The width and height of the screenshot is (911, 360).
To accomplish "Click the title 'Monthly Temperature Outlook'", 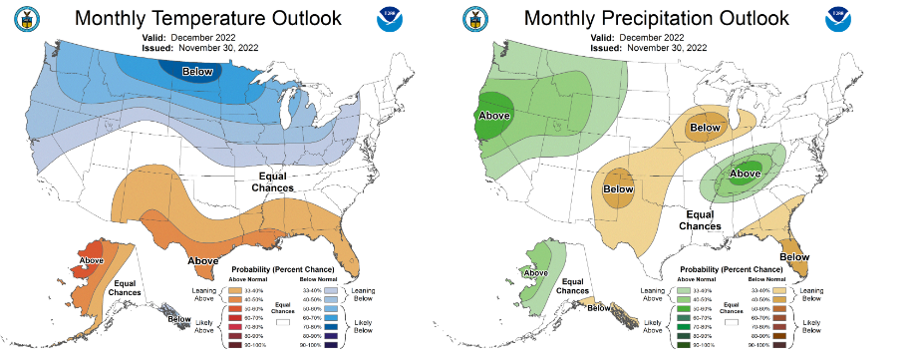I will pyautogui.click(x=207, y=18).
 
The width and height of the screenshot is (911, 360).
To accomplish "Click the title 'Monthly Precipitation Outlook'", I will pyautogui.click(x=656, y=18).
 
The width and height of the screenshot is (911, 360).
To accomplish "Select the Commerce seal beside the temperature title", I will pyautogui.click(x=21, y=19).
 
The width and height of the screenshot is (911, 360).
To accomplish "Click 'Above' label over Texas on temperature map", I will pyautogui.click(x=203, y=260).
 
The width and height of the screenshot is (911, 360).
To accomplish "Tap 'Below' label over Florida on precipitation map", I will pyautogui.click(x=794, y=256).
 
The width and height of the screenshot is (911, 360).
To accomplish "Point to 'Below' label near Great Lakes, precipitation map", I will pyautogui.click(x=705, y=128).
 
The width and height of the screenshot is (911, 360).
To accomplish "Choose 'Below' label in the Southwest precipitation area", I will pyautogui.click(x=619, y=188).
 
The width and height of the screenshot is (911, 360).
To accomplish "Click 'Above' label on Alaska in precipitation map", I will pyautogui.click(x=535, y=272).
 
